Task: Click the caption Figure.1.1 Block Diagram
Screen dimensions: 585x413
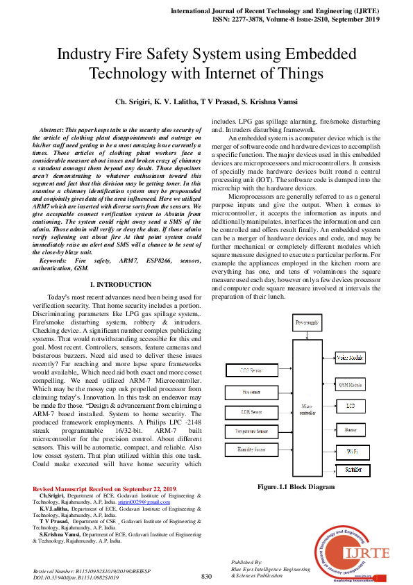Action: (x=296, y=487)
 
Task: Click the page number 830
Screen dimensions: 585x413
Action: (x=206, y=577)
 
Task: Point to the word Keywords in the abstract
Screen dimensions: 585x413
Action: (x=54, y=259)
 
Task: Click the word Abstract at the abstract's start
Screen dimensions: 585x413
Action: (x=51, y=130)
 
